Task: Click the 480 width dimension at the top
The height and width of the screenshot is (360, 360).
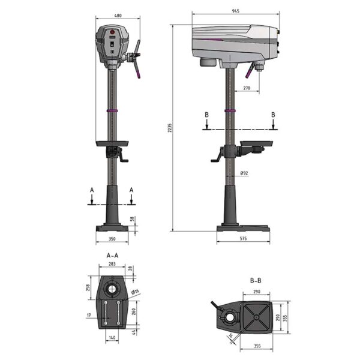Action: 118,16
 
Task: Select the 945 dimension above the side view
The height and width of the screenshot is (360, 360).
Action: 236,11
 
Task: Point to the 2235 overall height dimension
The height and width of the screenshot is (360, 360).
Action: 170,128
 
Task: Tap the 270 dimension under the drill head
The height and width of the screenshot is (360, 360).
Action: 247,88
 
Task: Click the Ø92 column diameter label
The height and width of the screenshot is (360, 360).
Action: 244,173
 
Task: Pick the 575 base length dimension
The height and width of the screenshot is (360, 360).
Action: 243,239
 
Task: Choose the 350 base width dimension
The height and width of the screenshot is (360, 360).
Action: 112,239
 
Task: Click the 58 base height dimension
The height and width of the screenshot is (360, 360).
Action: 132,219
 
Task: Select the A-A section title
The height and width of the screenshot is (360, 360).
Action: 113,256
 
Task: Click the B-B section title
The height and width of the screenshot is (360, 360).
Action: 256,280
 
